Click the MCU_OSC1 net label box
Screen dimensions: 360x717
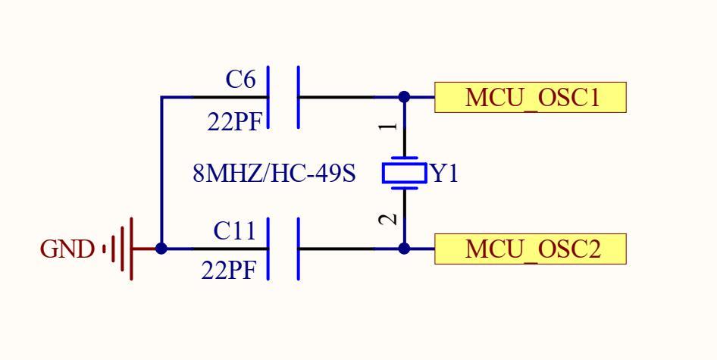tap(531, 98)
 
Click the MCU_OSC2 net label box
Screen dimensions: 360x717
tap(531, 249)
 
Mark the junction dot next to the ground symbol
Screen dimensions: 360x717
tap(161, 249)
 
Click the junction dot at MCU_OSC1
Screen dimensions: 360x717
tap(404, 97)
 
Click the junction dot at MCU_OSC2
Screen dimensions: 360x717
tap(404, 249)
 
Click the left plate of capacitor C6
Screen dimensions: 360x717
tap(270, 97)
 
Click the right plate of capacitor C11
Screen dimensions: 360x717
tap(299, 249)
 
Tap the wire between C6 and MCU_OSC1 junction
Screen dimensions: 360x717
tap(349, 97)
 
